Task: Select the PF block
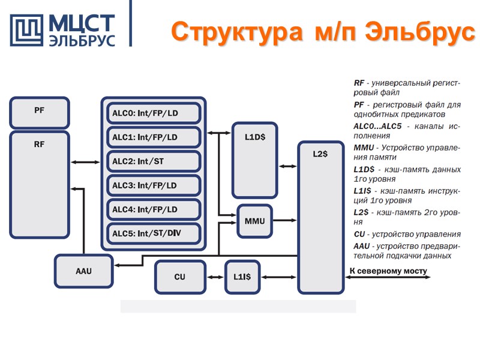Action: point(39,112)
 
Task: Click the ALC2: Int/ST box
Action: point(153,161)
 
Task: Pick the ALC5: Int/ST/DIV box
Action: point(153,233)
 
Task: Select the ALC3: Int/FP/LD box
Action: point(153,185)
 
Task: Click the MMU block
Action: point(254,221)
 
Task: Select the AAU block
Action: point(84,271)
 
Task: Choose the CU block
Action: point(179,277)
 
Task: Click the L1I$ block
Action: point(242,277)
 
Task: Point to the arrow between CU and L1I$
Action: point(215,277)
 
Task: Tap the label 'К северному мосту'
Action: point(388,271)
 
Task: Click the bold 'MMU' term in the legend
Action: point(363,148)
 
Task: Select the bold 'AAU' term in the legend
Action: point(362,246)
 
